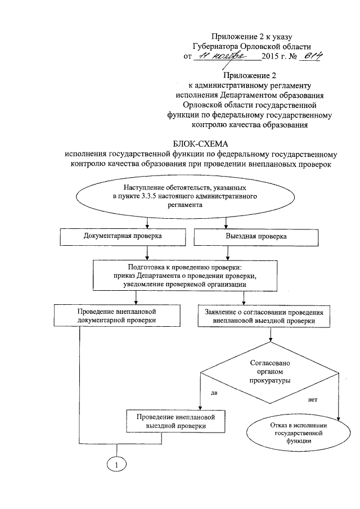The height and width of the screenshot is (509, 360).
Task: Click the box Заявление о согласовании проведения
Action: [x=272, y=316]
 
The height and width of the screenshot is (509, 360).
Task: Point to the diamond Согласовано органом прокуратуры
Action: [x=270, y=372]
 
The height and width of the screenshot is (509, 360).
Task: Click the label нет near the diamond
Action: [x=313, y=400]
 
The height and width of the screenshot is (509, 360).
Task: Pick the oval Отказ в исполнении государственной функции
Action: [x=295, y=434]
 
